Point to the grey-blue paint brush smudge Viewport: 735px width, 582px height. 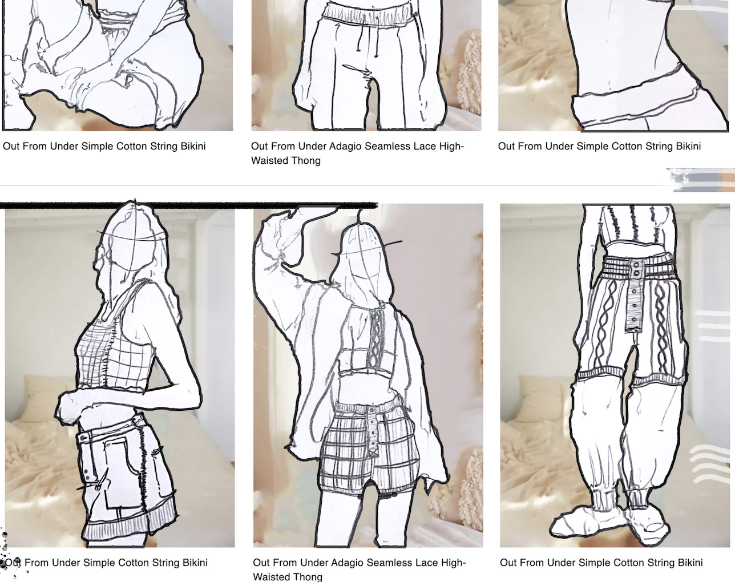pos(701,180)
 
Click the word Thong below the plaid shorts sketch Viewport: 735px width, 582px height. pos(304,577)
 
